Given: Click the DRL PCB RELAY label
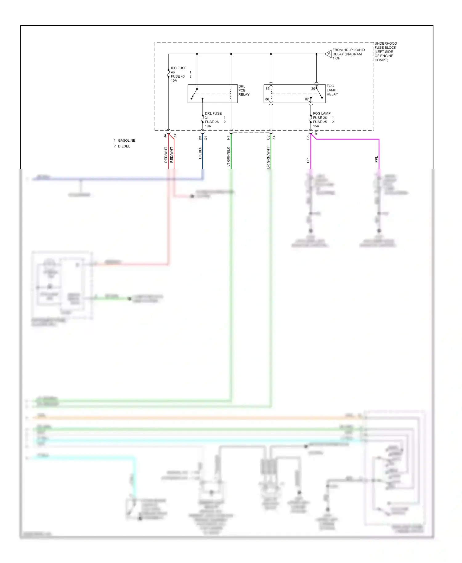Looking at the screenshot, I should click(243, 91).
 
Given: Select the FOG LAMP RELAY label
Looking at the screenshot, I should click(332, 90).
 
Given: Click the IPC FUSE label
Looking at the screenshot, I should click(178, 68).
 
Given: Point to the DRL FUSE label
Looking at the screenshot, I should click(213, 114).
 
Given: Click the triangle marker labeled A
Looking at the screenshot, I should click(329, 54).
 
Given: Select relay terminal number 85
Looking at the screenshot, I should click(267, 89).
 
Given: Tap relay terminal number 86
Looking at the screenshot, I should click(267, 99).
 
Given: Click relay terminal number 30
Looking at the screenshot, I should click(313, 89).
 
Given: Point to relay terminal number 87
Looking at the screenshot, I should click(307, 99).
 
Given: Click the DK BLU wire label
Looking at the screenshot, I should click(200, 153).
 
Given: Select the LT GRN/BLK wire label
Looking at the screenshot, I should click(229, 156).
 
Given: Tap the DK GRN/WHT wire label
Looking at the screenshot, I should click(268, 157).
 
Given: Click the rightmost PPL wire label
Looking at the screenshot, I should click(376, 160).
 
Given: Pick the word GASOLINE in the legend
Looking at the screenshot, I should click(126, 140).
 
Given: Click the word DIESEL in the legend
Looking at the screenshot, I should click(124, 146).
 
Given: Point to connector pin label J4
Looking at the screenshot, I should click(165, 136).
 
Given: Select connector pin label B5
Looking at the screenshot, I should click(308, 138).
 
